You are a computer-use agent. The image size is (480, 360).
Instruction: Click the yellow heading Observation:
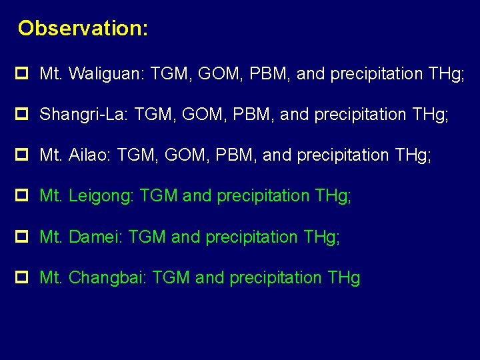pos(83,29)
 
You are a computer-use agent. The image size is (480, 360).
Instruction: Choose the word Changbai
pos(106,278)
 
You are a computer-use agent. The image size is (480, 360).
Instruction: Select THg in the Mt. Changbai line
pos(344,278)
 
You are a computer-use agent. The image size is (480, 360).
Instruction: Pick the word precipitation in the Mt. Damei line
pos(251,237)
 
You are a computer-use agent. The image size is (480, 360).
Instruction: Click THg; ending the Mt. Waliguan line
pos(443,74)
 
